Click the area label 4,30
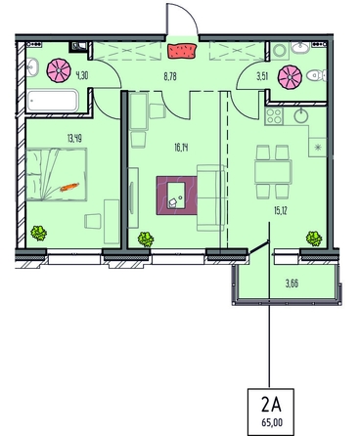click(82, 76)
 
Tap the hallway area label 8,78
click(170, 77)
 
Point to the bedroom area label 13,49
click(74, 139)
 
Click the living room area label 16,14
click(181, 149)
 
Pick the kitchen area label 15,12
click(280, 211)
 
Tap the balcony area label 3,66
click(292, 283)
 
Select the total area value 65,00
click(272, 422)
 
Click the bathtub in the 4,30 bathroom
click(53, 101)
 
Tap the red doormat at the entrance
click(183, 51)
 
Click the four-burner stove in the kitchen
click(274, 116)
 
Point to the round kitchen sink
click(300, 115)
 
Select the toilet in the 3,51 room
click(316, 76)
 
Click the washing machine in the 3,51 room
click(280, 51)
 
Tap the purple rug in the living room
click(177, 196)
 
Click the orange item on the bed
click(69, 187)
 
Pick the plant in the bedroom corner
click(39, 234)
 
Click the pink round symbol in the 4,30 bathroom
click(59, 70)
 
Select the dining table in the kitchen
click(273, 172)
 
